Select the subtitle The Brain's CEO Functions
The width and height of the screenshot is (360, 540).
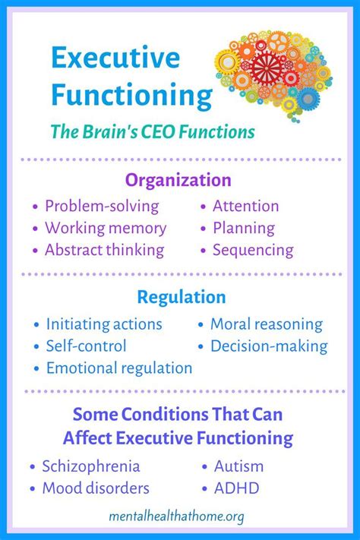[x=152, y=131]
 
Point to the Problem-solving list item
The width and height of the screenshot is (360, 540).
[x=102, y=206]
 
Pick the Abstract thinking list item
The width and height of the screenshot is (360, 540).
[x=104, y=250]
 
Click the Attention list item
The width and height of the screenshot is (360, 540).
[x=245, y=206]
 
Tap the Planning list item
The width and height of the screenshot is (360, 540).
[x=243, y=228]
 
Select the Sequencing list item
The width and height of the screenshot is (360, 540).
[x=253, y=250]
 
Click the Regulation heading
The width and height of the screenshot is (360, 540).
[x=181, y=296]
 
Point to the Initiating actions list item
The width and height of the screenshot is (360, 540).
[x=104, y=324]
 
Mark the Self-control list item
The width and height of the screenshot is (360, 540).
[x=86, y=346]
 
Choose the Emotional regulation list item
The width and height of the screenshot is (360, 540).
[x=119, y=368]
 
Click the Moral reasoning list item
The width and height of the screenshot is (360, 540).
[x=266, y=324]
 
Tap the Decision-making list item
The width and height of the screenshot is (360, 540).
[x=269, y=346]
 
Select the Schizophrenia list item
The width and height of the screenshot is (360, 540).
[x=91, y=466]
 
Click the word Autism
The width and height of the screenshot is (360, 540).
[x=238, y=466]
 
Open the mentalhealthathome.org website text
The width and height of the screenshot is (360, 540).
[x=180, y=517]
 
